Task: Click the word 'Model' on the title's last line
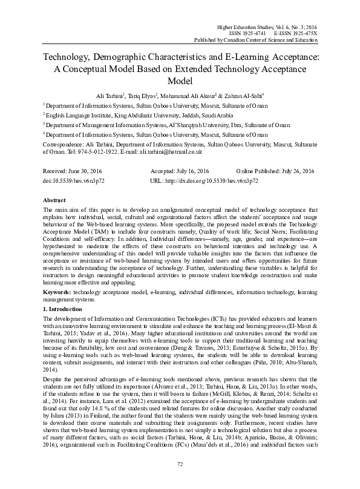[x=180, y=79]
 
